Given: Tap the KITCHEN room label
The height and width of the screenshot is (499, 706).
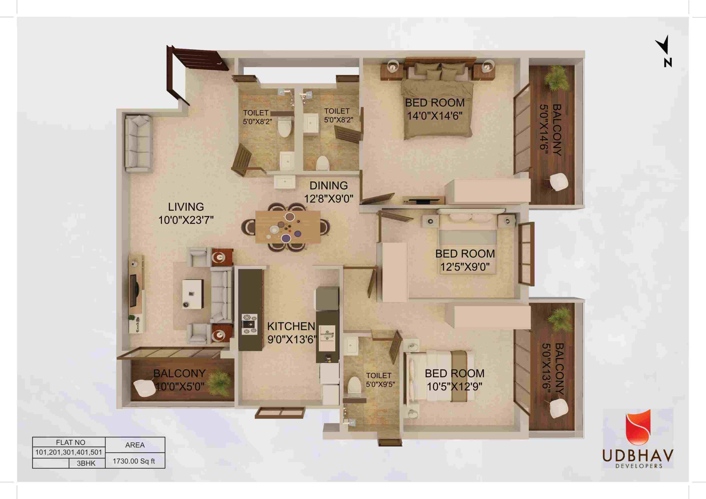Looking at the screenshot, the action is (x=291, y=326).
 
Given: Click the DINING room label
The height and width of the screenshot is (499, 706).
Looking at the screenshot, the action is (x=329, y=186).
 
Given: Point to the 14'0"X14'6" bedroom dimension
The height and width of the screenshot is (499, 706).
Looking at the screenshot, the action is (x=435, y=116).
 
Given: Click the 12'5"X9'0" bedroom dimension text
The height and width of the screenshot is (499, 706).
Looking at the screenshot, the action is (x=465, y=267).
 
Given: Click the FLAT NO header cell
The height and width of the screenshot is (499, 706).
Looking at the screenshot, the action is (x=70, y=443).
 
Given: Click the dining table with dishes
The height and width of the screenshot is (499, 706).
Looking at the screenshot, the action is (x=288, y=227).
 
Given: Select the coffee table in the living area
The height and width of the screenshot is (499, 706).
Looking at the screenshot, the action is (x=193, y=293).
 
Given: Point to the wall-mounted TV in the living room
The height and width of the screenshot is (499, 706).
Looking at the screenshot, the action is (x=133, y=291).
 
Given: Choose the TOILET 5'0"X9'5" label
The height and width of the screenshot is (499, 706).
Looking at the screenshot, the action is (x=380, y=380).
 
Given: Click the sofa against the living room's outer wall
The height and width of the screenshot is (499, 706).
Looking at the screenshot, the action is (x=138, y=144).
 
